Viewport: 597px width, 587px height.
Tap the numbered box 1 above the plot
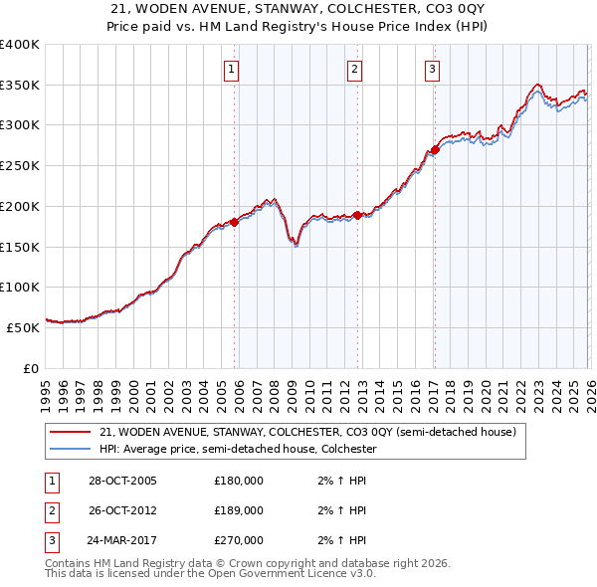[231, 69]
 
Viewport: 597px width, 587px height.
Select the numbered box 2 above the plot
[354, 69]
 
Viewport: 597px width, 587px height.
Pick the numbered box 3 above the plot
[433, 69]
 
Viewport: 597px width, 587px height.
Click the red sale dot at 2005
[235, 222]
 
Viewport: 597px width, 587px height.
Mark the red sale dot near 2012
[358, 215]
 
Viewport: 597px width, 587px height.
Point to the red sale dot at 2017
[435, 150]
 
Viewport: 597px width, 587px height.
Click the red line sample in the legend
[71, 433]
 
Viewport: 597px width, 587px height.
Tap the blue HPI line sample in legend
[71, 450]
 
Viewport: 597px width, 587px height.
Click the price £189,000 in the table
[239, 510]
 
